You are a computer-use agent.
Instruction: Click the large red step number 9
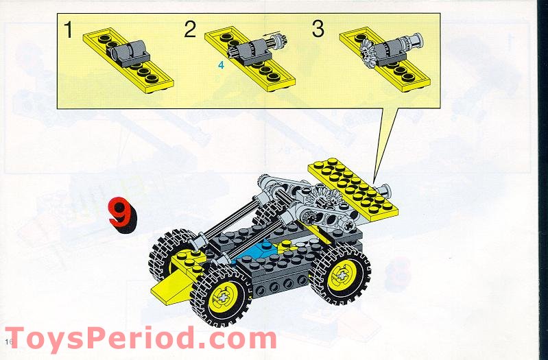(121, 215)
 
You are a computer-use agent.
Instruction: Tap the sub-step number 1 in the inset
(68, 29)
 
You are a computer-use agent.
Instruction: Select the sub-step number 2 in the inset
(190, 29)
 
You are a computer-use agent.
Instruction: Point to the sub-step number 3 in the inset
(318, 29)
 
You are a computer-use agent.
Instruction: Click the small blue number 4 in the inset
(221, 65)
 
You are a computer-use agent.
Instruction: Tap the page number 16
(9, 341)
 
